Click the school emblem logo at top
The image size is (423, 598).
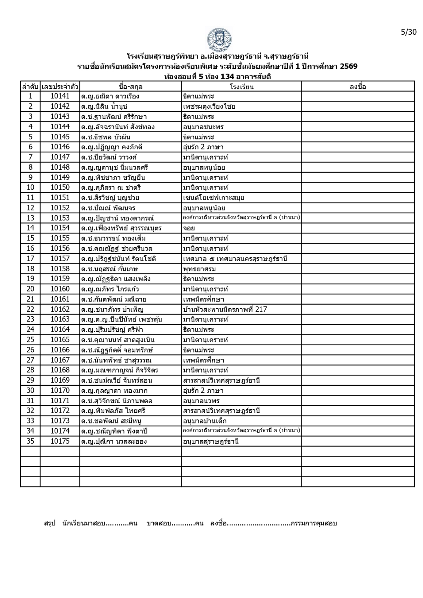(x=219, y=39)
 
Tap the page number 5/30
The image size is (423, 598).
(x=408, y=32)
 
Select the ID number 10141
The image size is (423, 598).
(x=60, y=96)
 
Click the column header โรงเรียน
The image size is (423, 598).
(x=241, y=87)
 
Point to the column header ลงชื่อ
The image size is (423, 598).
(x=358, y=87)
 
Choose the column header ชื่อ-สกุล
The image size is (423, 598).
(x=130, y=87)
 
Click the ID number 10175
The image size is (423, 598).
(x=60, y=441)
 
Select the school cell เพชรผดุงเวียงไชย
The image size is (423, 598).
(x=209, y=107)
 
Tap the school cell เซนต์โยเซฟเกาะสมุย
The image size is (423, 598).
(x=214, y=198)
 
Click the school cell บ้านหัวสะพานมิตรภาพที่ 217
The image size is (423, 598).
(x=225, y=309)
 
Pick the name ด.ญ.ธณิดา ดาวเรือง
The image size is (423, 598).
(x=110, y=96)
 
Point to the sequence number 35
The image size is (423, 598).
(x=30, y=441)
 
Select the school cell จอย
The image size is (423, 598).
(x=189, y=228)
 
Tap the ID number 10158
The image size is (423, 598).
(x=60, y=269)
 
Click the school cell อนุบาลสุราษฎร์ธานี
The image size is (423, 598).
(x=211, y=441)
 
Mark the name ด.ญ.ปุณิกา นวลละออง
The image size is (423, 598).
(x=114, y=441)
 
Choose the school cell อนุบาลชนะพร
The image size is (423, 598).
(x=203, y=127)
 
